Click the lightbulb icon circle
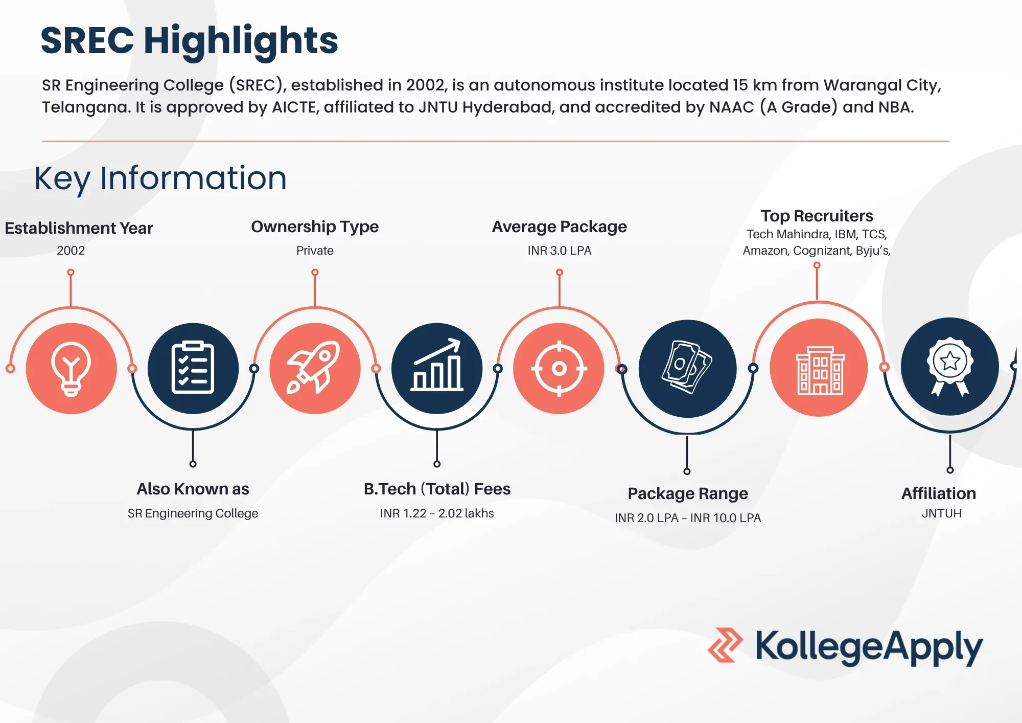pyautogui.click(x=71, y=368)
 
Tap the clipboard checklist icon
pyautogui.click(x=193, y=368)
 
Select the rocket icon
pyautogui.click(x=315, y=368)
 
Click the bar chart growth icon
pyautogui.click(x=437, y=368)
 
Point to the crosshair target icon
pyautogui.click(x=559, y=368)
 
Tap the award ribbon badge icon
pyautogui.click(x=949, y=367)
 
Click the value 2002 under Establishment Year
pyautogui.click(x=71, y=251)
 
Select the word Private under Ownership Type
pyautogui.click(x=315, y=251)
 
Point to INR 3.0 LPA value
pyautogui.click(x=559, y=251)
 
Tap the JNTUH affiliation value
pyautogui.click(x=941, y=513)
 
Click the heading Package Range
pyautogui.click(x=687, y=493)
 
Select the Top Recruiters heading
pyautogui.click(x=817, y=216)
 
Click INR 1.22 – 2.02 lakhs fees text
pyautogui.click(x=437, y=513)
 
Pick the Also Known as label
pyautogui.click(x=193, y=489)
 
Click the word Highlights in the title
pyautogui.click(x=241, y=41)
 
